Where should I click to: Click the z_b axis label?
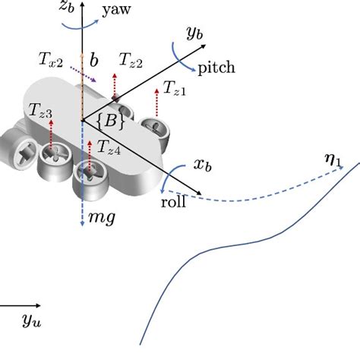(67, 10)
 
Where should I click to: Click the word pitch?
(216, 68)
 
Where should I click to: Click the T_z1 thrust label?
(174, 90)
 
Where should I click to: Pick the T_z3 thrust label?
(40, 113)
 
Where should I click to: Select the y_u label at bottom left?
(31, 323)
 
